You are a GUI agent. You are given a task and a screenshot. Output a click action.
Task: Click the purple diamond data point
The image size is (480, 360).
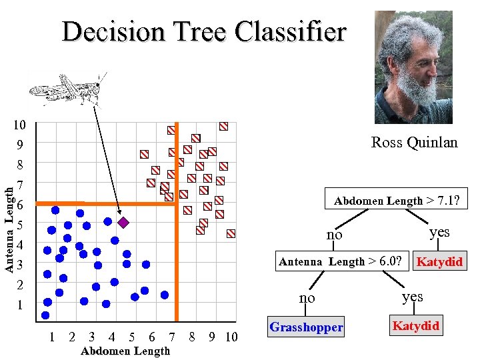click(x=123, y=221)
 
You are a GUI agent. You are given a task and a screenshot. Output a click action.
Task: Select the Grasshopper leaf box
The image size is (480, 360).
click(x=306, y=327)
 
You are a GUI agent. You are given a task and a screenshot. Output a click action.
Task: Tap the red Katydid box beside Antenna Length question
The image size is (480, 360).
click(x=439, y=261)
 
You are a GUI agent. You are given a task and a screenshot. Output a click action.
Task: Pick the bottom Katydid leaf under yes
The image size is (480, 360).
click(x=416, y=325)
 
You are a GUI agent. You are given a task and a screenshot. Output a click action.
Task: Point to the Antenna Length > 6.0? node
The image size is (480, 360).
click(x=340, y=261)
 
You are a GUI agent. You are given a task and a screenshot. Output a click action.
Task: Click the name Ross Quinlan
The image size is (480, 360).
click(x=414, y=142)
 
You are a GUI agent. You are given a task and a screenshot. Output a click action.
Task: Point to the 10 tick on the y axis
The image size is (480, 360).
click(x=20, y=125)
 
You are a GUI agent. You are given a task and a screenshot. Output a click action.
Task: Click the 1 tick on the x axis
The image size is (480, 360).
click(x=52, y=337)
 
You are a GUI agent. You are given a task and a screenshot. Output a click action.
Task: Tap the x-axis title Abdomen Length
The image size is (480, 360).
click(x=125, y=351)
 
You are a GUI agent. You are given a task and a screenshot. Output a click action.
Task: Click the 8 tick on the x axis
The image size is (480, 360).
click(x=192, y=337)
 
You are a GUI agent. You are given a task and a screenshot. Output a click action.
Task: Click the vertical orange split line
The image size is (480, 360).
click(x=177, y=267)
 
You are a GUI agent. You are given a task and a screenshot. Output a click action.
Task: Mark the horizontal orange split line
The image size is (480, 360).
click(x=100, y=203)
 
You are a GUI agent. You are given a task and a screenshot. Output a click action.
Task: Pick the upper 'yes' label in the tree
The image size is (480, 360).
click(x=439, y=232)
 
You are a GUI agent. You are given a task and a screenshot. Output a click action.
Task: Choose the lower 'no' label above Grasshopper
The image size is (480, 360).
click(x=307, y=298)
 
